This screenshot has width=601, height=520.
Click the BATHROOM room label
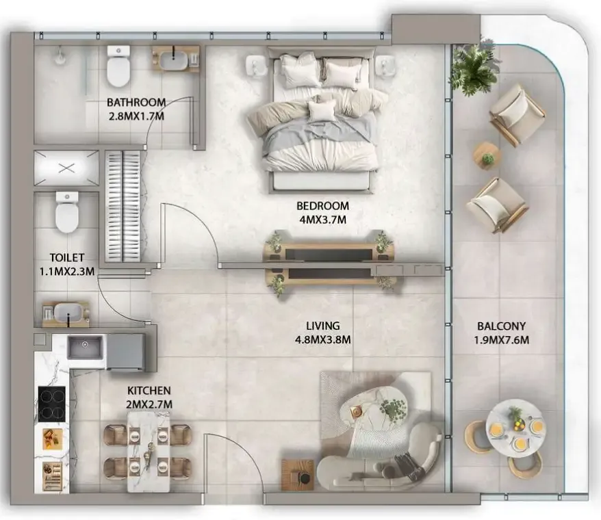(136, 103)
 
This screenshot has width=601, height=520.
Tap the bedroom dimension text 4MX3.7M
(322, 220)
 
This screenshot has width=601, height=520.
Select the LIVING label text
(322, 326)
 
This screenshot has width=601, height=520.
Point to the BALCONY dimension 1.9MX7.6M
(501, 340)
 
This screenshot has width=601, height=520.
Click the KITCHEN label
(149, 391)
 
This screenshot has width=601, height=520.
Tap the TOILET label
(66, 257)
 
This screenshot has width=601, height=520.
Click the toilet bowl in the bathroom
(118, 66)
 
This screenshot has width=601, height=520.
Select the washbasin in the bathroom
(175, 60)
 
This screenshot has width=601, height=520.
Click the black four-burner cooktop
(51, 404)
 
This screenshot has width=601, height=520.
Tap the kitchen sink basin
(85, 347)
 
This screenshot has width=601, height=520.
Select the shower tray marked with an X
(66, 168)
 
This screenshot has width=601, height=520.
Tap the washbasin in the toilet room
(68, 312)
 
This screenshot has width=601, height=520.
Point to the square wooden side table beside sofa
(298, 474)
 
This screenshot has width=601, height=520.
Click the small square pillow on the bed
(322, 109)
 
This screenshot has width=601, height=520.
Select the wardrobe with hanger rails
(123, 207)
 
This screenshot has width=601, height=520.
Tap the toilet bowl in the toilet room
(66, 213)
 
